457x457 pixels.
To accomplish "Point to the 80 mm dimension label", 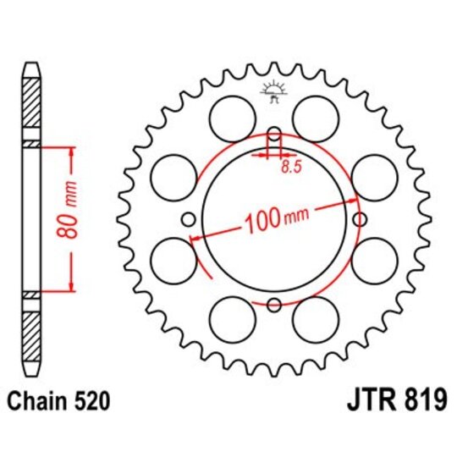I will point(73,218).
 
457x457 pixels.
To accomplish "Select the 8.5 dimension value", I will point(289,168).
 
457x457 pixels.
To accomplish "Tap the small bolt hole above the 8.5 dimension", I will point(273,134).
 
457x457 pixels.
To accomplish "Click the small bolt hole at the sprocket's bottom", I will point(273,306).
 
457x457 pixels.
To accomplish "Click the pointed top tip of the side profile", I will point(30,63).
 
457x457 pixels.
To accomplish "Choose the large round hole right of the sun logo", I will point(317,113).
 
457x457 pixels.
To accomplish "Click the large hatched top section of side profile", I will point(30,106).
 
